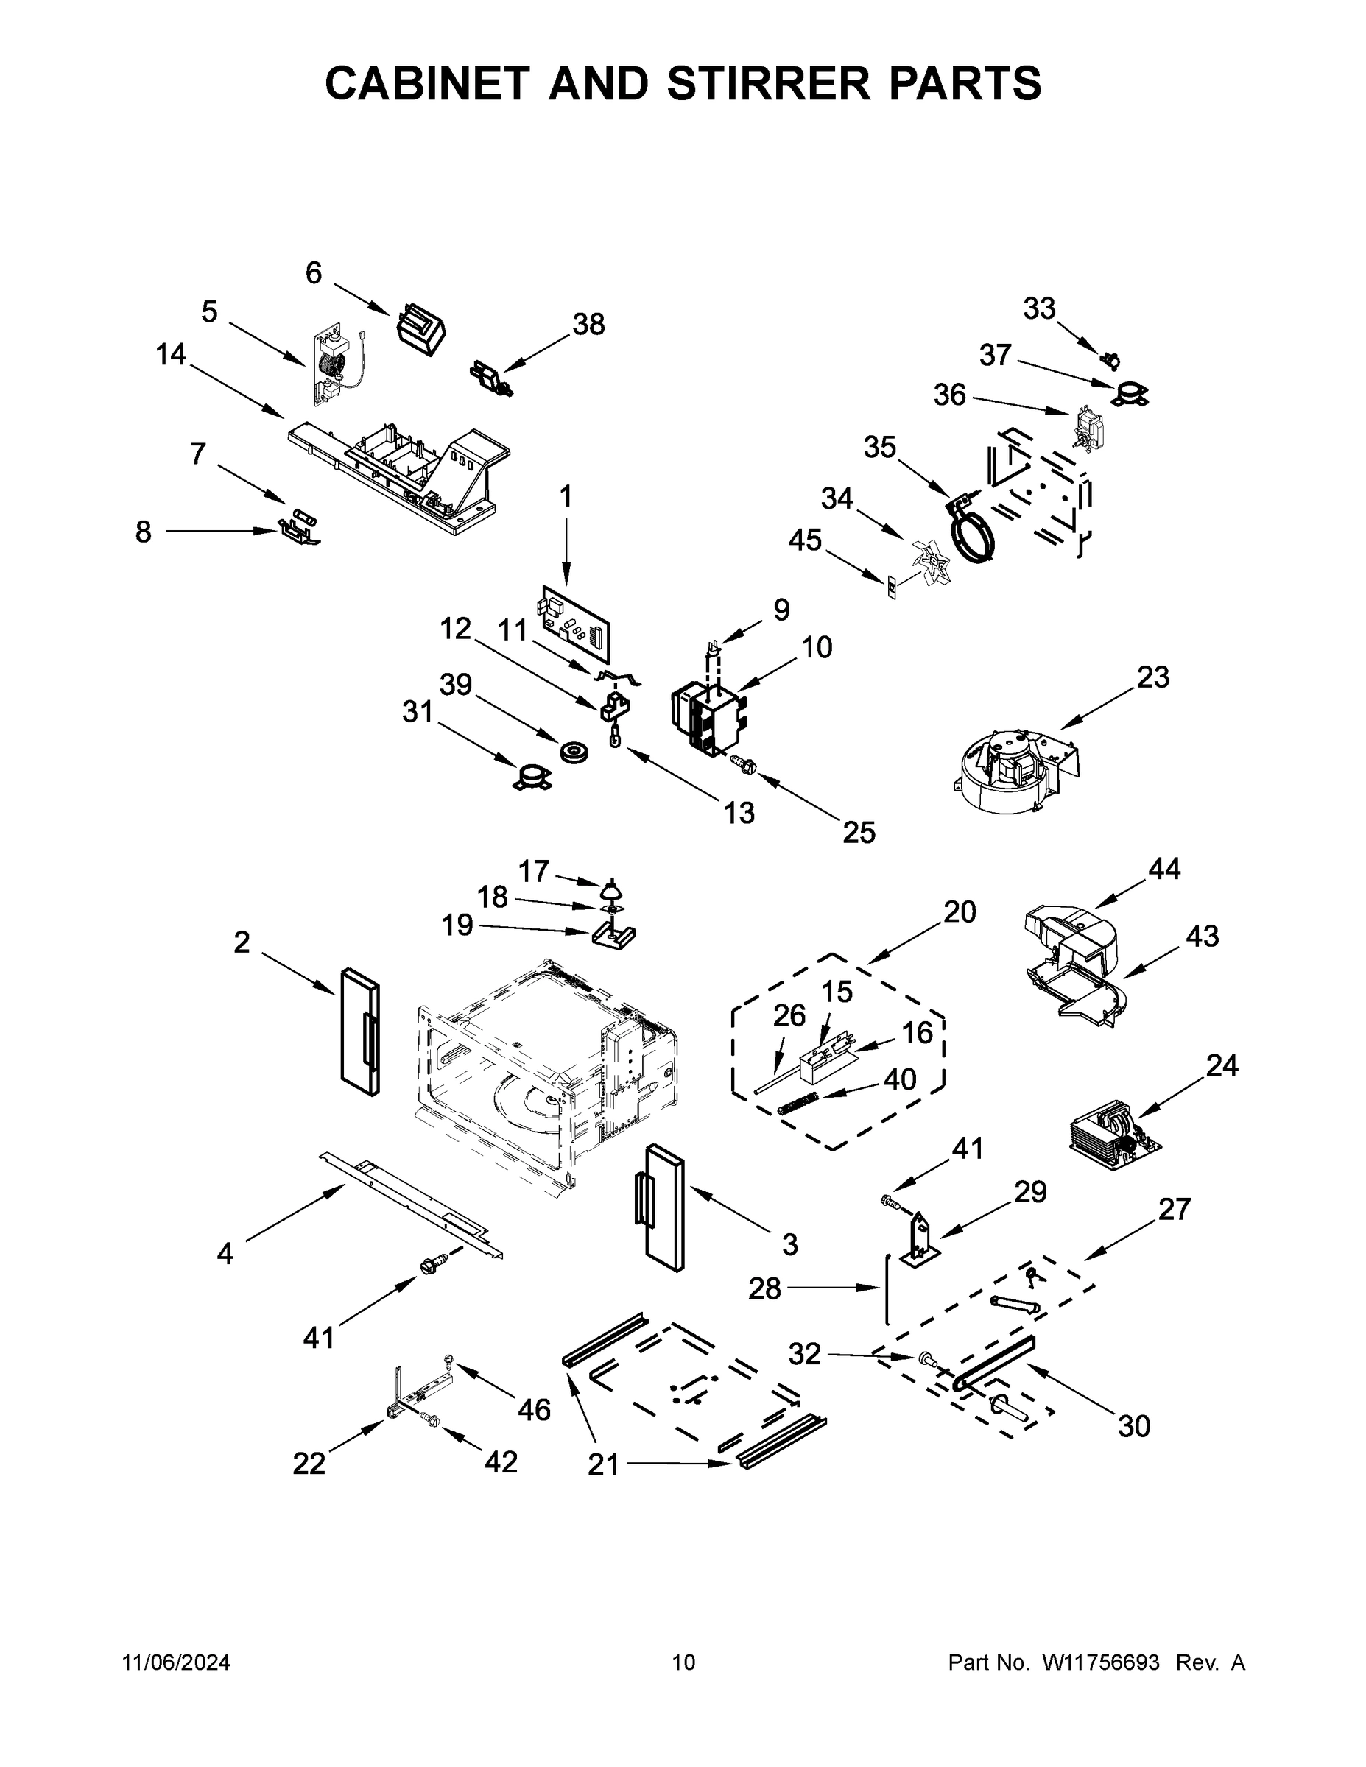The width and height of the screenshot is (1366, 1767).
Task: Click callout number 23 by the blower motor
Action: pyautogui.click(x=1152, y=677)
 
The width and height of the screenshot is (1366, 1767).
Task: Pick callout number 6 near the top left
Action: pyautogui.click(x=313, y=273)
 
